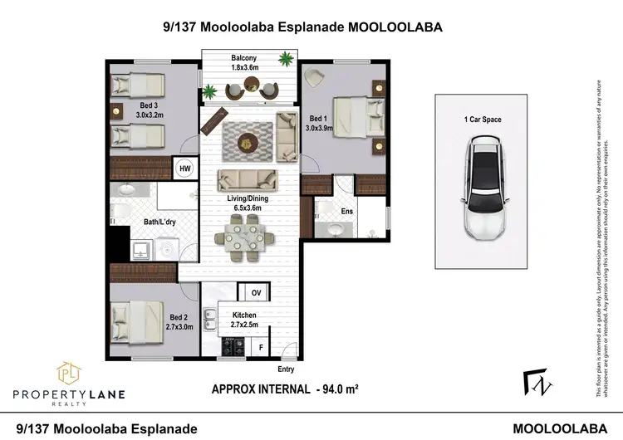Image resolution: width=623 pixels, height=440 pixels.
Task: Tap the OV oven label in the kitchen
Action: coord(256,293)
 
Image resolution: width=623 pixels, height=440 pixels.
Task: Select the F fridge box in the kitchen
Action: coord(260,345)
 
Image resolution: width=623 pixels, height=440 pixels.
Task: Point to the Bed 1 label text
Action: coord(318,119)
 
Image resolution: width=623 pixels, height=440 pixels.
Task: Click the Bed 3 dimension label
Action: coord(150,115)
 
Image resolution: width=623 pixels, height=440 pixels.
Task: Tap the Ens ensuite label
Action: coord(346,212)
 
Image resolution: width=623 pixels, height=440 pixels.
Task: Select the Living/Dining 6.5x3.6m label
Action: coord(248,203)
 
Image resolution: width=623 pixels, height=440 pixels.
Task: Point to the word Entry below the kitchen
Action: coord(287,369)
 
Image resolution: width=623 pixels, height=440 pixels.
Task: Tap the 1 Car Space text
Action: coord(483,120)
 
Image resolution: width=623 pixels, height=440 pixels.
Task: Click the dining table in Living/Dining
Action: coord(247,236)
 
